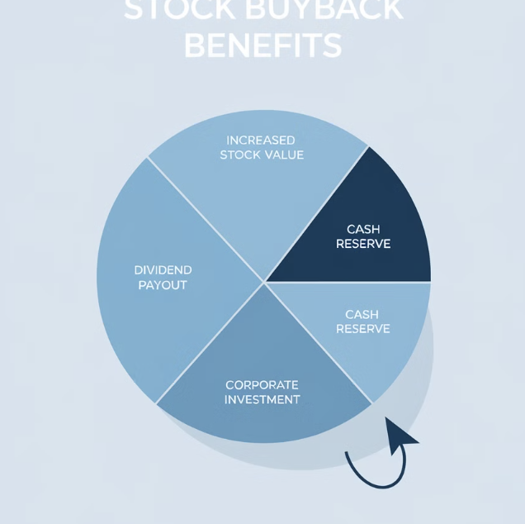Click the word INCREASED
[260, 141]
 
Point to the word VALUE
[284, 155]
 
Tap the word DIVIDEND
[163, 270]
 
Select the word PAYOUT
[163, 285]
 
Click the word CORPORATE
[262, 385]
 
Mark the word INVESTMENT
[262, 400]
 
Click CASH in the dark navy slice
[363, 230]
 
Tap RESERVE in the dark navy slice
[363, 245]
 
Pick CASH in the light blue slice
[362, 315]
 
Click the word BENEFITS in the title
[262, 44]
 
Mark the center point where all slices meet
[264, 282]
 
